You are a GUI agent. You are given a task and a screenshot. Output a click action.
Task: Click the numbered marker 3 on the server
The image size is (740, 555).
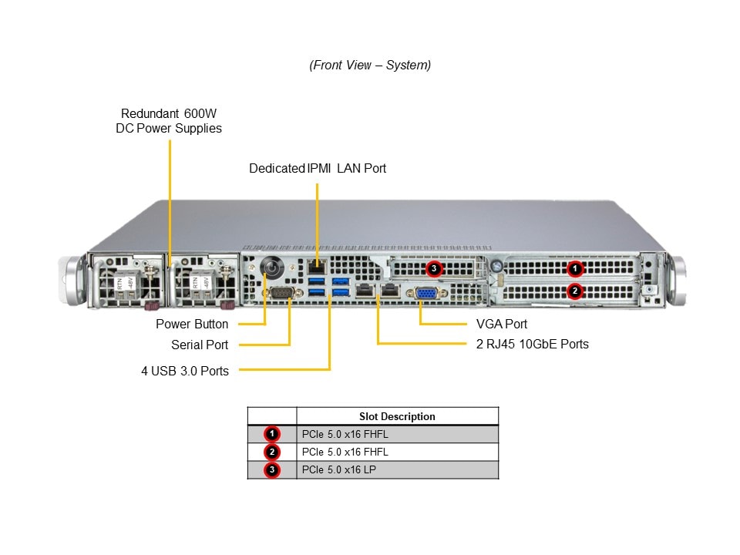[434, 269]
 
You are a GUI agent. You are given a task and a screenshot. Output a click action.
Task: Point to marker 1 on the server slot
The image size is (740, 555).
[574, 269]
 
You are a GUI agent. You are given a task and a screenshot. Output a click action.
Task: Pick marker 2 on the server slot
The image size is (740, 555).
[574, 291]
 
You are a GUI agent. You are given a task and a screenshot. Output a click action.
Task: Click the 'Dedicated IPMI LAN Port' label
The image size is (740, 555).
[318, 168]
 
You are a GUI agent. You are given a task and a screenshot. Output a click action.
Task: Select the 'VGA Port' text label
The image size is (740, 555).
[502, 325]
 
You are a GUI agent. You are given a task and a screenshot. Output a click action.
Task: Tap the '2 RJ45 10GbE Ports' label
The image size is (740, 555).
[532, 344]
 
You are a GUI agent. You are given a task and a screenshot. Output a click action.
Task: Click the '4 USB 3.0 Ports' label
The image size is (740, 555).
[185, 371]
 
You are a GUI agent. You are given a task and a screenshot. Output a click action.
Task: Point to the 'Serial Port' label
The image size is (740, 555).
[200, 345]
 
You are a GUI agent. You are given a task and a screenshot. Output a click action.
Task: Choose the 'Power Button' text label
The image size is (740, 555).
[192, 325]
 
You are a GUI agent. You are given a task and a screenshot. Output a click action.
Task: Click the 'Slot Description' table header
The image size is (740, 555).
[397, 416]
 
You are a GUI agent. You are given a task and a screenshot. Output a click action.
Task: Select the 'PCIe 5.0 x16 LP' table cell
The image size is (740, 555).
[339, 470]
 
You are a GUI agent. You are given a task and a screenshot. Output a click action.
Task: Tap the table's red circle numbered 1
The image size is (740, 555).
[271, 434]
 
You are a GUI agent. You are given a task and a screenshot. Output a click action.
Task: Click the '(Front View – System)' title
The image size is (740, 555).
[370, 66]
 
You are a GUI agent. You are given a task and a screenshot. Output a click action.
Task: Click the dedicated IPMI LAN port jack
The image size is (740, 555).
[317, 267]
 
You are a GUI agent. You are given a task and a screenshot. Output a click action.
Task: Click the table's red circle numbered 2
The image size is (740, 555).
[271, 452]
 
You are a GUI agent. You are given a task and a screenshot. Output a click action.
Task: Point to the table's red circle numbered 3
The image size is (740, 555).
[271, 470]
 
